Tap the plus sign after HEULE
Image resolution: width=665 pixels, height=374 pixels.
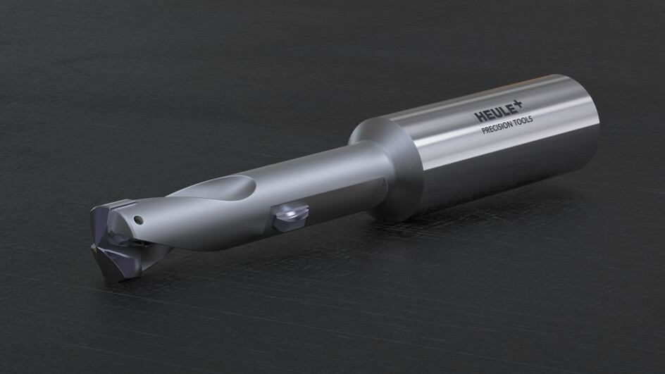click(x=518, y=104)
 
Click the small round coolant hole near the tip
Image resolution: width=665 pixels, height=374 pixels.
click(x=138, y=220)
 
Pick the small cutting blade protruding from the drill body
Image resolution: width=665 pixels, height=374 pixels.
click(x=290, y=217)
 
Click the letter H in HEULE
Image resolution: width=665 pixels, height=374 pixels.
click(x=478, y=117)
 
